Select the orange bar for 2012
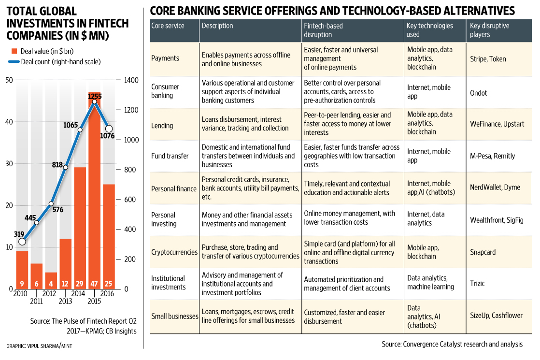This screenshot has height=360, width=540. (x=51, y=281)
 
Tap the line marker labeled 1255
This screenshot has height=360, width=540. (x=94, y=101)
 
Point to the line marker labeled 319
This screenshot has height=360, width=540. (x=22, y=241)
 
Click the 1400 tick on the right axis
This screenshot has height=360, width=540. (x=131, y=80)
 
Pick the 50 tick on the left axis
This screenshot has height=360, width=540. (x=9, y=80)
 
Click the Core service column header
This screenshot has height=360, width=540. (x=168, y=26)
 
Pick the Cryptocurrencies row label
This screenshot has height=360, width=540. (x=174, y=252)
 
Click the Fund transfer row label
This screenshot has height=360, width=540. (x=170, y=156)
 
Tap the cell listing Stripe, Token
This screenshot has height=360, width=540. (x=488, y=59)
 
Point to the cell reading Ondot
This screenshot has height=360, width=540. (x=479, y=93)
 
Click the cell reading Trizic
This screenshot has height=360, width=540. (x=477, y=284)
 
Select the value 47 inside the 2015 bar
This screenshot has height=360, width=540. (x=94, y=283)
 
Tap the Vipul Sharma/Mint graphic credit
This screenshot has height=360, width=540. (x=40, y=346)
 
